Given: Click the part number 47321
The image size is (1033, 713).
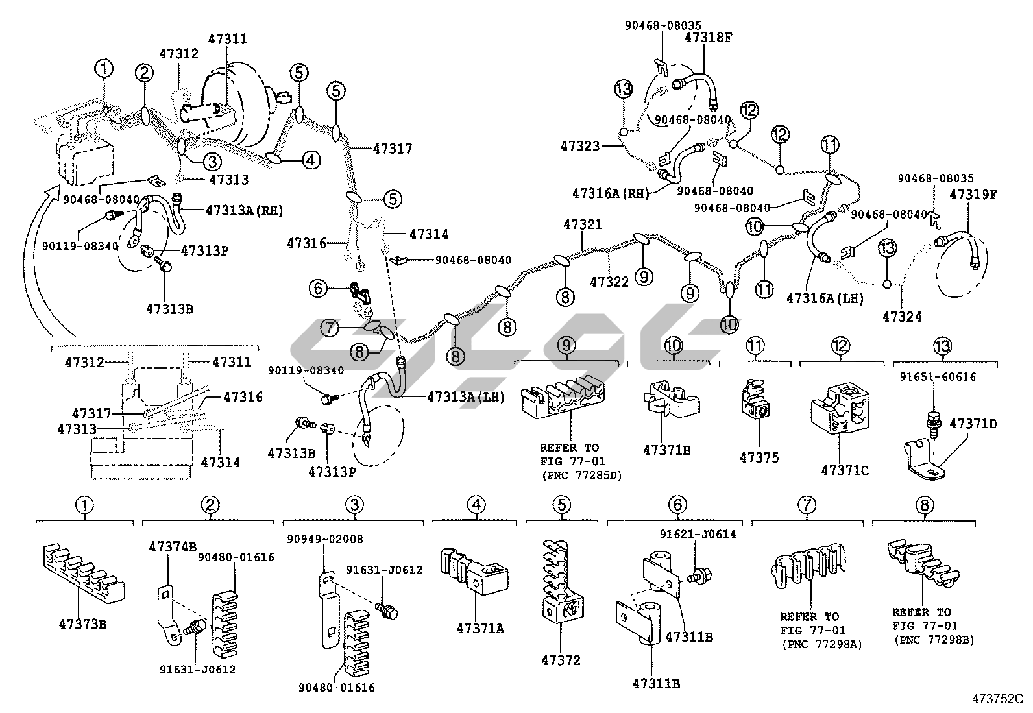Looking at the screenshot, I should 582,225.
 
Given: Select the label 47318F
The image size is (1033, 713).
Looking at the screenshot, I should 708,38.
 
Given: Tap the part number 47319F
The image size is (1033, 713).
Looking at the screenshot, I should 973,193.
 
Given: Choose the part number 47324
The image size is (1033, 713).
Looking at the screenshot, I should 902,317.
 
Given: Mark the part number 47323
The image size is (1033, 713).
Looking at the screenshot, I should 580,147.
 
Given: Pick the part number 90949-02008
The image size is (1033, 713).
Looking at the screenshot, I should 325,539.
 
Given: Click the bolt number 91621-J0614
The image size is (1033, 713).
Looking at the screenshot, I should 698,535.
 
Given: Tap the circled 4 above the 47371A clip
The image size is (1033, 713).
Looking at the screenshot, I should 476,505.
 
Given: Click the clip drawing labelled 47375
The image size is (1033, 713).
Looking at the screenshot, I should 754,406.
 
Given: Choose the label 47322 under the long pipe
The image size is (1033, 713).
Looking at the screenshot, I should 609,282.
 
